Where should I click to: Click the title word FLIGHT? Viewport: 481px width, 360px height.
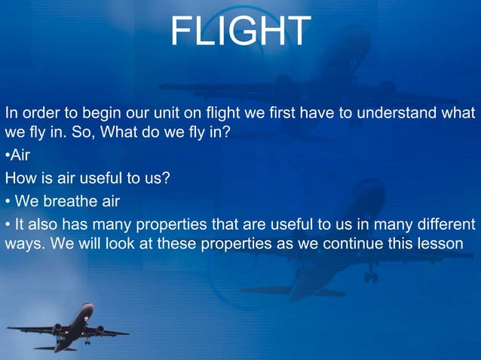(x=240, y=32)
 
